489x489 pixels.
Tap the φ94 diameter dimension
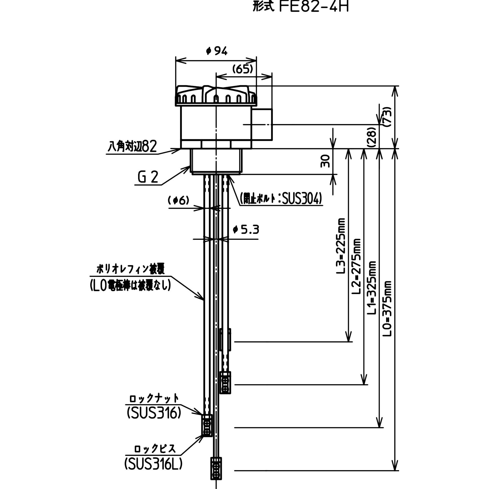217,51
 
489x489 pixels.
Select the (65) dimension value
242,69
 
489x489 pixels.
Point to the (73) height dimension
387,117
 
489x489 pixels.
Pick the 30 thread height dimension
325,161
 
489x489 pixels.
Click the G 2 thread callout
148,177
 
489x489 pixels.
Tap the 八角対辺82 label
132,146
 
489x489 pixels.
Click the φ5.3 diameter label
246,230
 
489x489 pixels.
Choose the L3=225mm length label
341,246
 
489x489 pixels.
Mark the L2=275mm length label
356,266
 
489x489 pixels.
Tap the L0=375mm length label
387,309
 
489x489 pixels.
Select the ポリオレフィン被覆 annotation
131,269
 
